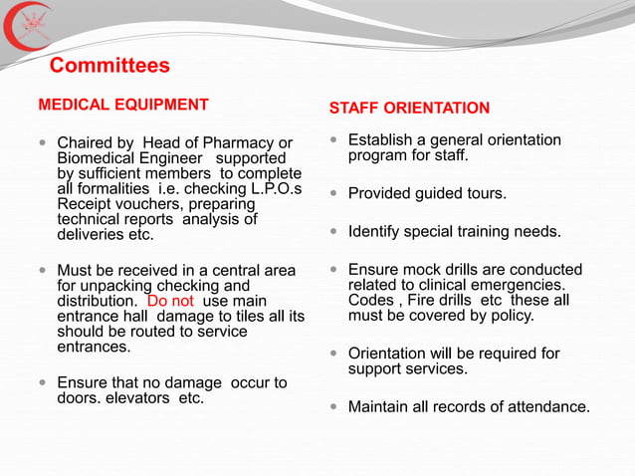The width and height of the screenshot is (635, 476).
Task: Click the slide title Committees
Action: point(109,67)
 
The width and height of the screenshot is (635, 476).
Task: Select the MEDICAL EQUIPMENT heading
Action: point(123,105)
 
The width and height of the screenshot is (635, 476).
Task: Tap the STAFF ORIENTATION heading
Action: point(409,108)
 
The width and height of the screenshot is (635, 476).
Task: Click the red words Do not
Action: point(172,301)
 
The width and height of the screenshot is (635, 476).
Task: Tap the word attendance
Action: point(545,407)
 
